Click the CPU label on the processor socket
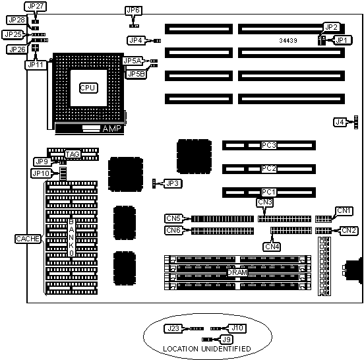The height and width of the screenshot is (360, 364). point(88,88)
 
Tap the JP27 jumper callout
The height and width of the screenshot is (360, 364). point(36,7)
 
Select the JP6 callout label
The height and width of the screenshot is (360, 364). point(133,11)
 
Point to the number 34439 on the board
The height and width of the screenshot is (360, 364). point(288,41)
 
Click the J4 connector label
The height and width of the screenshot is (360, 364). point(340,122)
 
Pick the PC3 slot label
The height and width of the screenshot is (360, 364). point(269,145)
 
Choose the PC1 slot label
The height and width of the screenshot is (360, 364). point(268,192)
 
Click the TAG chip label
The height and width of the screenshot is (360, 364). point(73,154)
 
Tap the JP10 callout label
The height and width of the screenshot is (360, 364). point(41,173)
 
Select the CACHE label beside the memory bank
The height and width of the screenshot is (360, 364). point(28,239)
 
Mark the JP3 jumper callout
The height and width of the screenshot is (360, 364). point(173,183)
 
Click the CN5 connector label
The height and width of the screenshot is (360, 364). point(173,218)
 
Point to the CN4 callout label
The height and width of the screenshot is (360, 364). point(272,247)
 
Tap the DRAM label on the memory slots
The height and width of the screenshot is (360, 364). point(237,272)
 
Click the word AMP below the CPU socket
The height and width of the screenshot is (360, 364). point(112,129)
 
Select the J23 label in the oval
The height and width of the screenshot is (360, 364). point(173,328)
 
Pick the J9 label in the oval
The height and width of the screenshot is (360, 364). point(226,340)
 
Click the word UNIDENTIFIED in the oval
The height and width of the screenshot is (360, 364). point(226,349)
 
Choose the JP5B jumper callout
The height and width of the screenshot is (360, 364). point(136,74)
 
